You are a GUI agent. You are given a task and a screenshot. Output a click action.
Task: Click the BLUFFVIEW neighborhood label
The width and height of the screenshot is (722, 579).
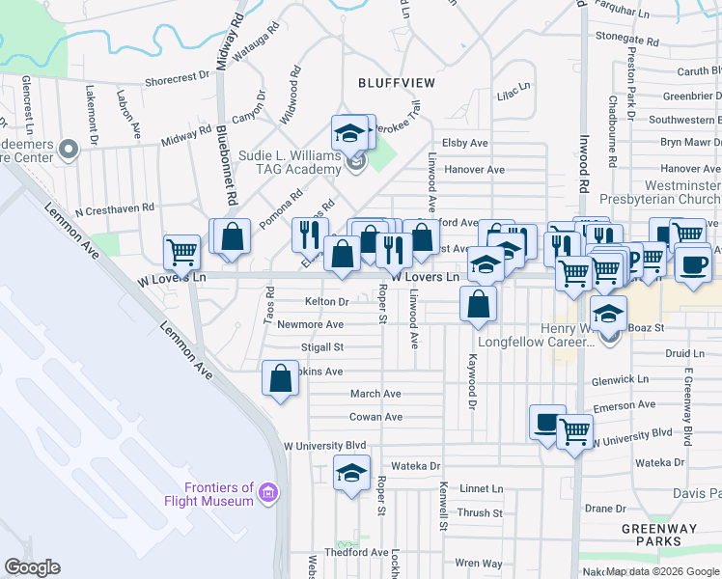(397, 83)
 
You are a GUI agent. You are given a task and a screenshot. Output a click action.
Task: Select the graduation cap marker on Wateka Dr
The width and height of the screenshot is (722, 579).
(352, 473)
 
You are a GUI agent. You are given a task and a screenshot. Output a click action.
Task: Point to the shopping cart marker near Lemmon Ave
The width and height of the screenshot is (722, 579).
(181, 252)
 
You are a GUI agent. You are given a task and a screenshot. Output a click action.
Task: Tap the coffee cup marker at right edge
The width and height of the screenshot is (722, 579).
(691, 265)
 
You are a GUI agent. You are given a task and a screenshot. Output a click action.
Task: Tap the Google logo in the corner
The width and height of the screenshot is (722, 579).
(33, 567)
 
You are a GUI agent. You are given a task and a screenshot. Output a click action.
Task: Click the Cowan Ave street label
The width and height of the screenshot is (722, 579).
(375, 417)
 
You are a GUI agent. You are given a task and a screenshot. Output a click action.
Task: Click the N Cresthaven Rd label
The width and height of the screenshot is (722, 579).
(114, 207)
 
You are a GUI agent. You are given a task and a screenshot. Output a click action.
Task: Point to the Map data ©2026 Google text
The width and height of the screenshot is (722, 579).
(662, 571)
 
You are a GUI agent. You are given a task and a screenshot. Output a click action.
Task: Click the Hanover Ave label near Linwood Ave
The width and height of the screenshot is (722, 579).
(475, 170)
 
